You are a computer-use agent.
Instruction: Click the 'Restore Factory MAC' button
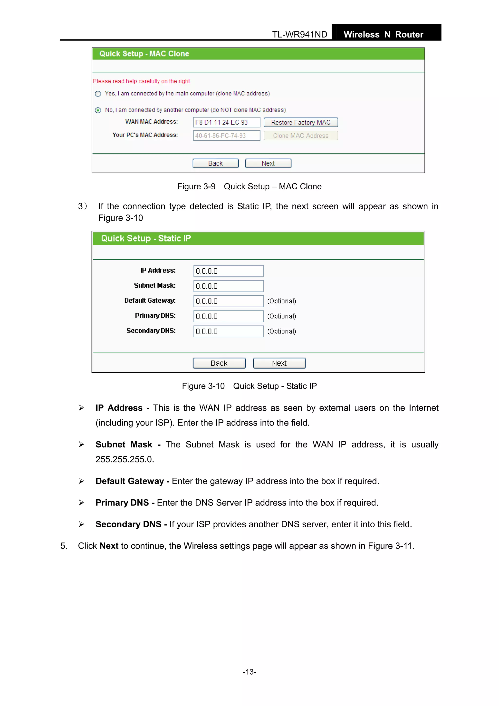pyautogui.click(x=300, y=122)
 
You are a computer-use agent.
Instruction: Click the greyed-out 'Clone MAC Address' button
pyautogui.click(x=300, y=135)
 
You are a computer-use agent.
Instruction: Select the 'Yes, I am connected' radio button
pyautogui.click(x=98, y=94)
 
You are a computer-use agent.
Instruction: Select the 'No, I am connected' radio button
pyautogui.click(x=98, y=110)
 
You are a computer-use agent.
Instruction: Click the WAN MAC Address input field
pyautogui.click(x=226, y=122)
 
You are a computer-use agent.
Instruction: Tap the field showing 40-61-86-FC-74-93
pyautogui.click(x=226, y=135)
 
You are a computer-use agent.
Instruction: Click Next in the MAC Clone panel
pyautogui.click(x=268, y=163)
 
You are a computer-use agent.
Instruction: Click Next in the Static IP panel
pyautogui.click(x=279, y=363)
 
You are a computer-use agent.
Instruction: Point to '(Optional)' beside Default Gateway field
pyautogui.click(x=281, y=301)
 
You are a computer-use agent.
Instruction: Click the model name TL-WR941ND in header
pyautogui.click(x=299, y=34)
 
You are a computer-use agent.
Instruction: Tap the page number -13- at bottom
pyautogui.click(x=249, y=672)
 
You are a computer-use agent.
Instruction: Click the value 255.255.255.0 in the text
pyautogui.click(x=125, y=459)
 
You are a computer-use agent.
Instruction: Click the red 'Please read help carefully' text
pyautogui.click(x=142, y=81)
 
